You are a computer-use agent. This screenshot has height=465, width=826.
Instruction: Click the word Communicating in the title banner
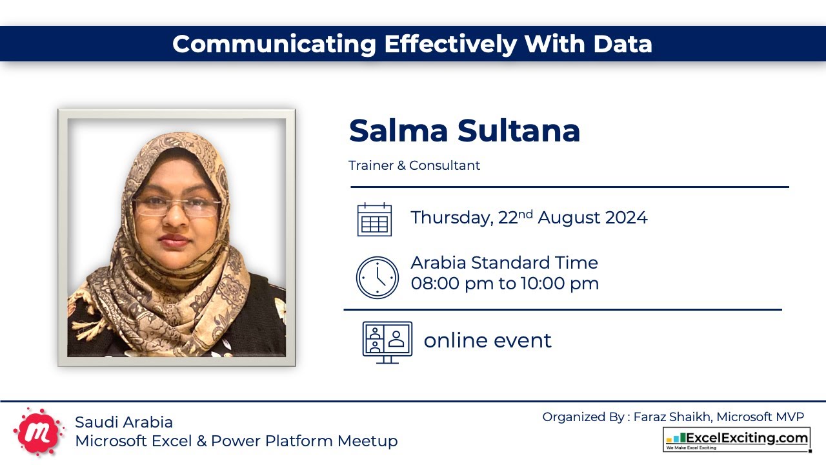274,44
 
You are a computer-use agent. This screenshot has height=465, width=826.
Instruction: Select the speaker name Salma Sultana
464,130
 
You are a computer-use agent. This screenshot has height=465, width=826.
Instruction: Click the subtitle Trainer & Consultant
414,165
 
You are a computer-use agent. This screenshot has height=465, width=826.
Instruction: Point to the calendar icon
374,219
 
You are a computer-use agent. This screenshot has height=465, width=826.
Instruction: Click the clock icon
378,278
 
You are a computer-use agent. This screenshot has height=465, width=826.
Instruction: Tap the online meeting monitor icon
387,342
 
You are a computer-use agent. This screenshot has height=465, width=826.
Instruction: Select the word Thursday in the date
451,218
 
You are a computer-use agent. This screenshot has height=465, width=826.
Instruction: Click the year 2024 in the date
626,218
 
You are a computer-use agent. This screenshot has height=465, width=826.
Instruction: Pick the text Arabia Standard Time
504,263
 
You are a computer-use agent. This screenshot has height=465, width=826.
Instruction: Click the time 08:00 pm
452,284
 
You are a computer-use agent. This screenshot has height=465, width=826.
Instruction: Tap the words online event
487,340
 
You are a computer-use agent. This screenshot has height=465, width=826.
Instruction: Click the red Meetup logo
39,431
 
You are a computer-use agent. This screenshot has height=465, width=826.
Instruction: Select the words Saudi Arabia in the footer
124,422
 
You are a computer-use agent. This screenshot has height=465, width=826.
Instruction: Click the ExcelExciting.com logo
736,439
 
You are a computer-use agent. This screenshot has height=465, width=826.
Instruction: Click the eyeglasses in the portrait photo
176,207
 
